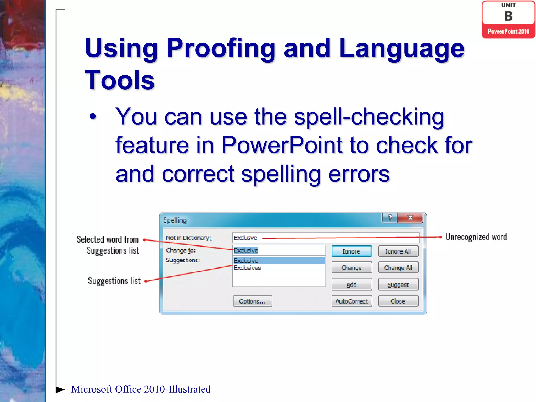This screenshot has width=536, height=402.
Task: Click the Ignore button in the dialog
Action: pyautogui.click(x=351, y=251)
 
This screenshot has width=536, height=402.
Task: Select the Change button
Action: pyautogui.click(x=351, y=268)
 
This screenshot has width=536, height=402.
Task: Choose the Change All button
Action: pyautogui.click(x=398, y=268)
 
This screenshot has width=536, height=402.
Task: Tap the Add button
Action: pyautogui.click(x=351, y=284)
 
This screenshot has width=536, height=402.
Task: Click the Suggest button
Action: pyautogui.click(x=398, y=284)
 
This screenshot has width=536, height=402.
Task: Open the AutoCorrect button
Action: pyautogui.click(x=351, y=301)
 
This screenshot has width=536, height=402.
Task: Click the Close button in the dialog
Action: pyautogui.click(x=398, y=301)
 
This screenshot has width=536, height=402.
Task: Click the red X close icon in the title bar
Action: pyautogui.click(x=410, y=218)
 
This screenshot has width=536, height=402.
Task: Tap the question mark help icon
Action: pyautogui.click(x=390, y=218)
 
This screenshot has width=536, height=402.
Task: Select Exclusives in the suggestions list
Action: pyautogui.click(x=247, y=268)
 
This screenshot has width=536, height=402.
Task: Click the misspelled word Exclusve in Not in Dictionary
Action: pyautogui.click(x=245, y=238)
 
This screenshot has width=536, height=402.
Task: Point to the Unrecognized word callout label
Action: pyautogui.click(x=476, y=237)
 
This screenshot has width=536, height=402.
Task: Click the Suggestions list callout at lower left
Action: pyautogui.click(x=114, y=281)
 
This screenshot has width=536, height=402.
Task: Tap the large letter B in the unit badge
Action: pyautogui.click(x=508, y=16)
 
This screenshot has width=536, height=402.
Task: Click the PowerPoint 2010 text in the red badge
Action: pyautogui.click(x=508, y=31)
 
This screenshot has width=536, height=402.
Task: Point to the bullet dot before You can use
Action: pyautogui.click(x=93, y=116)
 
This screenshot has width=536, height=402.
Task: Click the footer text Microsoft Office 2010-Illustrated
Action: pyautogui.click(x=141, y=389)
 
